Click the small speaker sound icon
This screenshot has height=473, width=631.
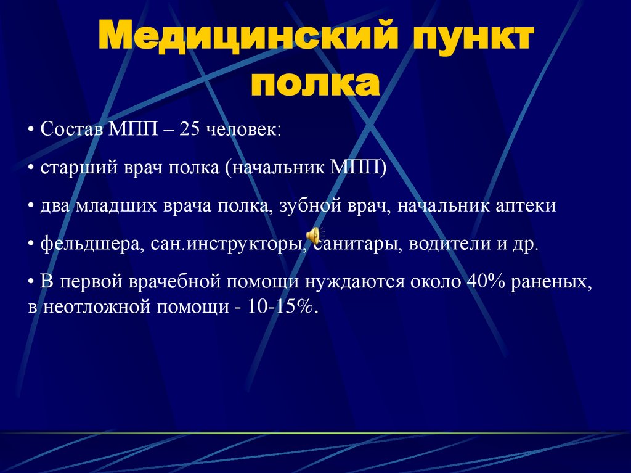(x=314, y=235)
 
